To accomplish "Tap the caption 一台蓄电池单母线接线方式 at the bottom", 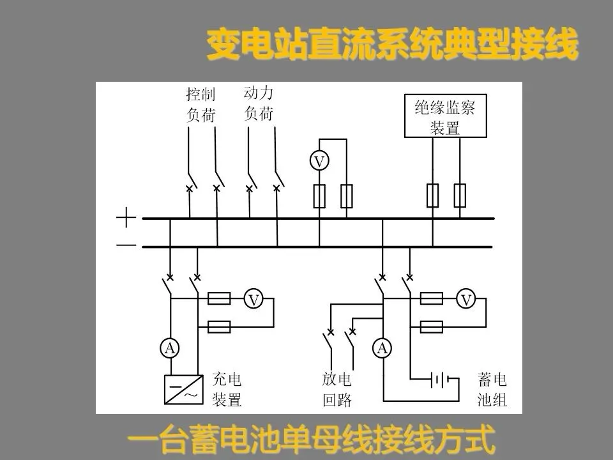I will pos(312,441).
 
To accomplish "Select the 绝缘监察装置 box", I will pos(445,116).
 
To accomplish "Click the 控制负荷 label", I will pos(201,105).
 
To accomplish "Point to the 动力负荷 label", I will pos(259,103).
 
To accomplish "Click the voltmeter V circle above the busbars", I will pos(320,162).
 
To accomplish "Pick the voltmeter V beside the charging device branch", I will pos(254,299).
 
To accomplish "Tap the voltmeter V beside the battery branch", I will pos(467,299).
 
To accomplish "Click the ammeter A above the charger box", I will pos(170,348).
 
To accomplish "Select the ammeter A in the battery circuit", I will pos(382,348).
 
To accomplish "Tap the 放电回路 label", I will pos(337,390).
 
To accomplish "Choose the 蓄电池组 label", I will pos(492,390).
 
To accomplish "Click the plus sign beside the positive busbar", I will pos(126,219).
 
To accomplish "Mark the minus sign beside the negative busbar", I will pos(126,245).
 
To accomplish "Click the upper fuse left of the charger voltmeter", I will pos(220,299).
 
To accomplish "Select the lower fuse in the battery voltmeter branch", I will pos(432,327).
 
